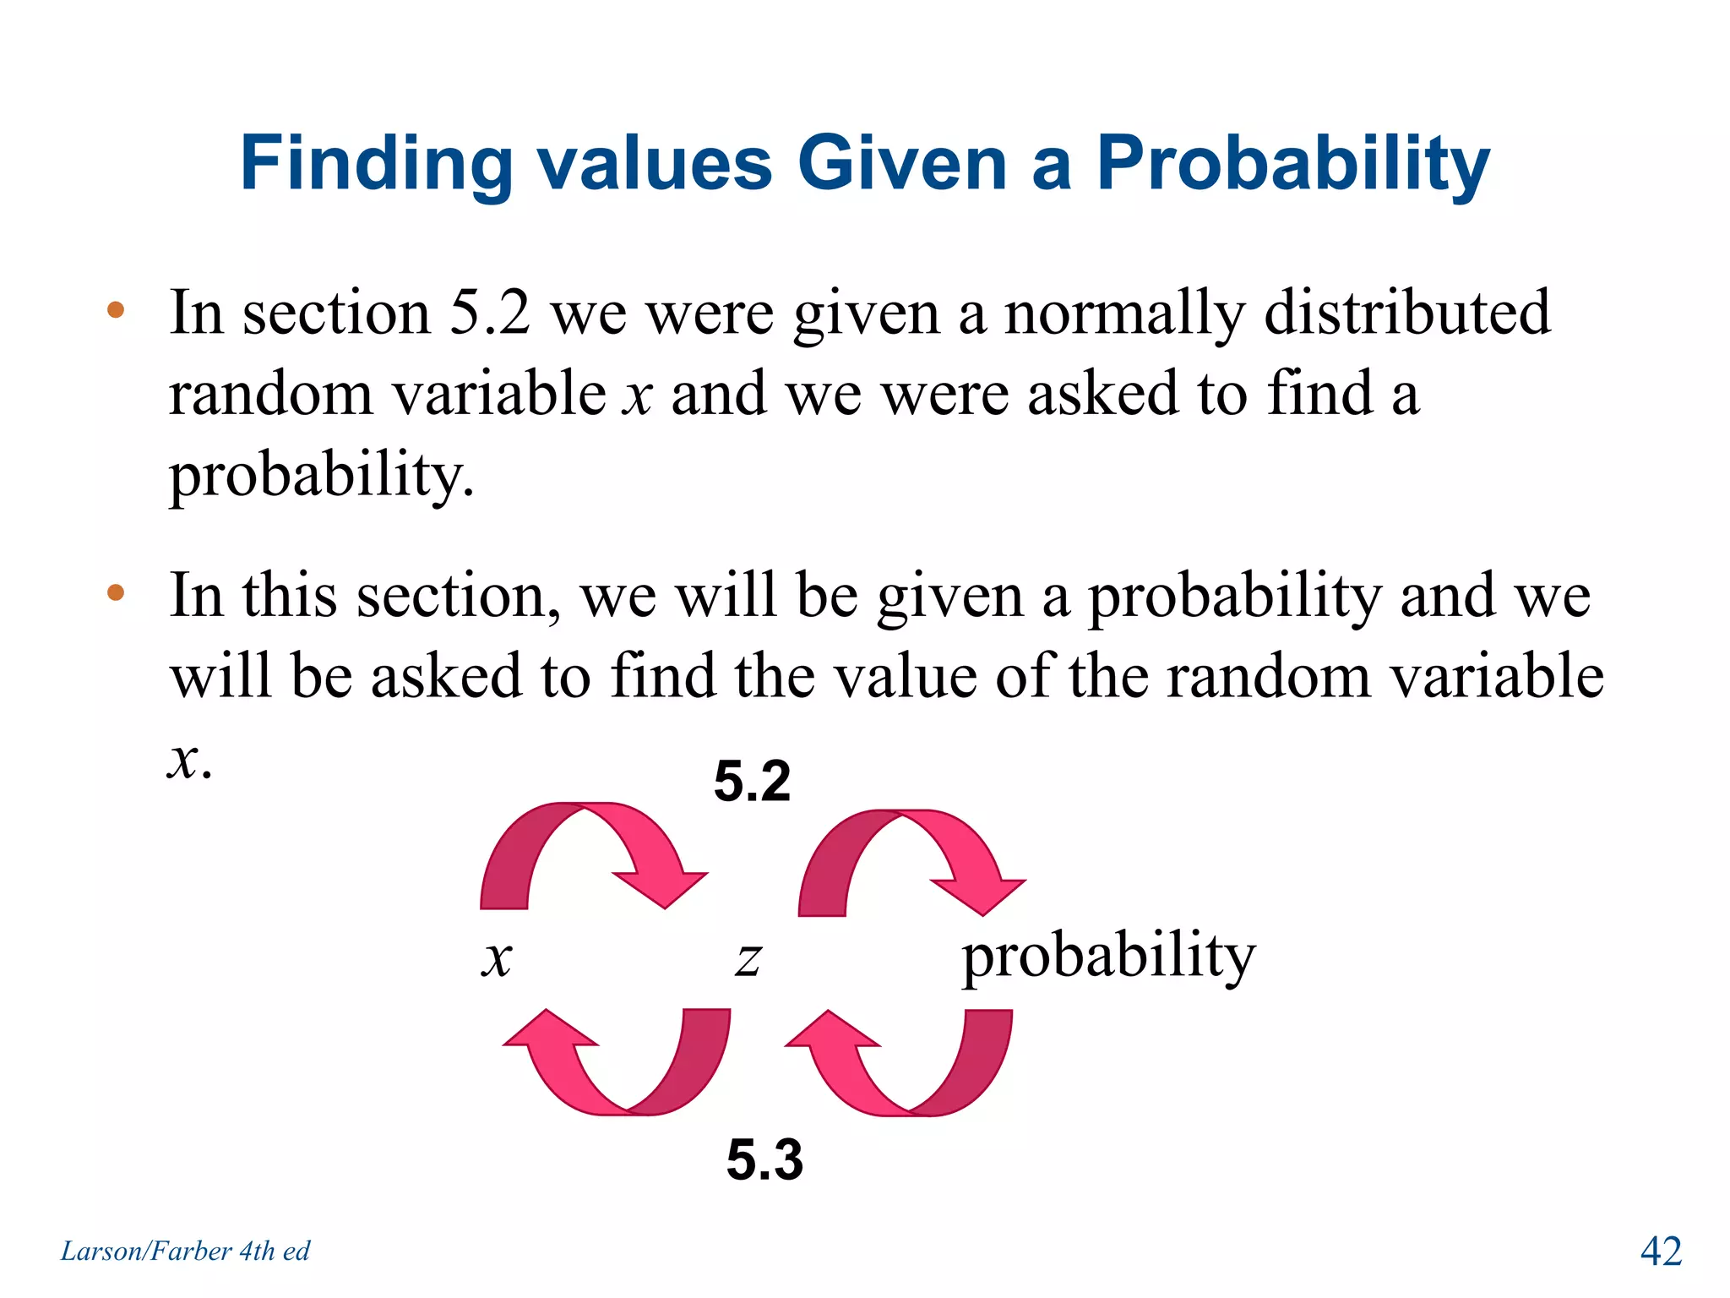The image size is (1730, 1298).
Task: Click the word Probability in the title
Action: pos(1292,165)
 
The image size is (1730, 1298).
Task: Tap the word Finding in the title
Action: pos(376,165)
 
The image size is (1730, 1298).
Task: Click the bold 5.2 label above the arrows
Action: pos(752,781)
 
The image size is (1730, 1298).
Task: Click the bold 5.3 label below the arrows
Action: pos(764,1159)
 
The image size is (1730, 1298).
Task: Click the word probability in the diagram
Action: pos(1108,957)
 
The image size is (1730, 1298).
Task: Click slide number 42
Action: pos(1661,1251)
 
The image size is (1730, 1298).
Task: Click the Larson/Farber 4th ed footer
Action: pos(185,1251)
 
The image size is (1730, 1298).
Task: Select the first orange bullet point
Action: pos(116,310)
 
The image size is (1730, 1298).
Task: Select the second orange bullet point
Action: pos(116,592)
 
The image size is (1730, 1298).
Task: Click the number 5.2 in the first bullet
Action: pos(490,313)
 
